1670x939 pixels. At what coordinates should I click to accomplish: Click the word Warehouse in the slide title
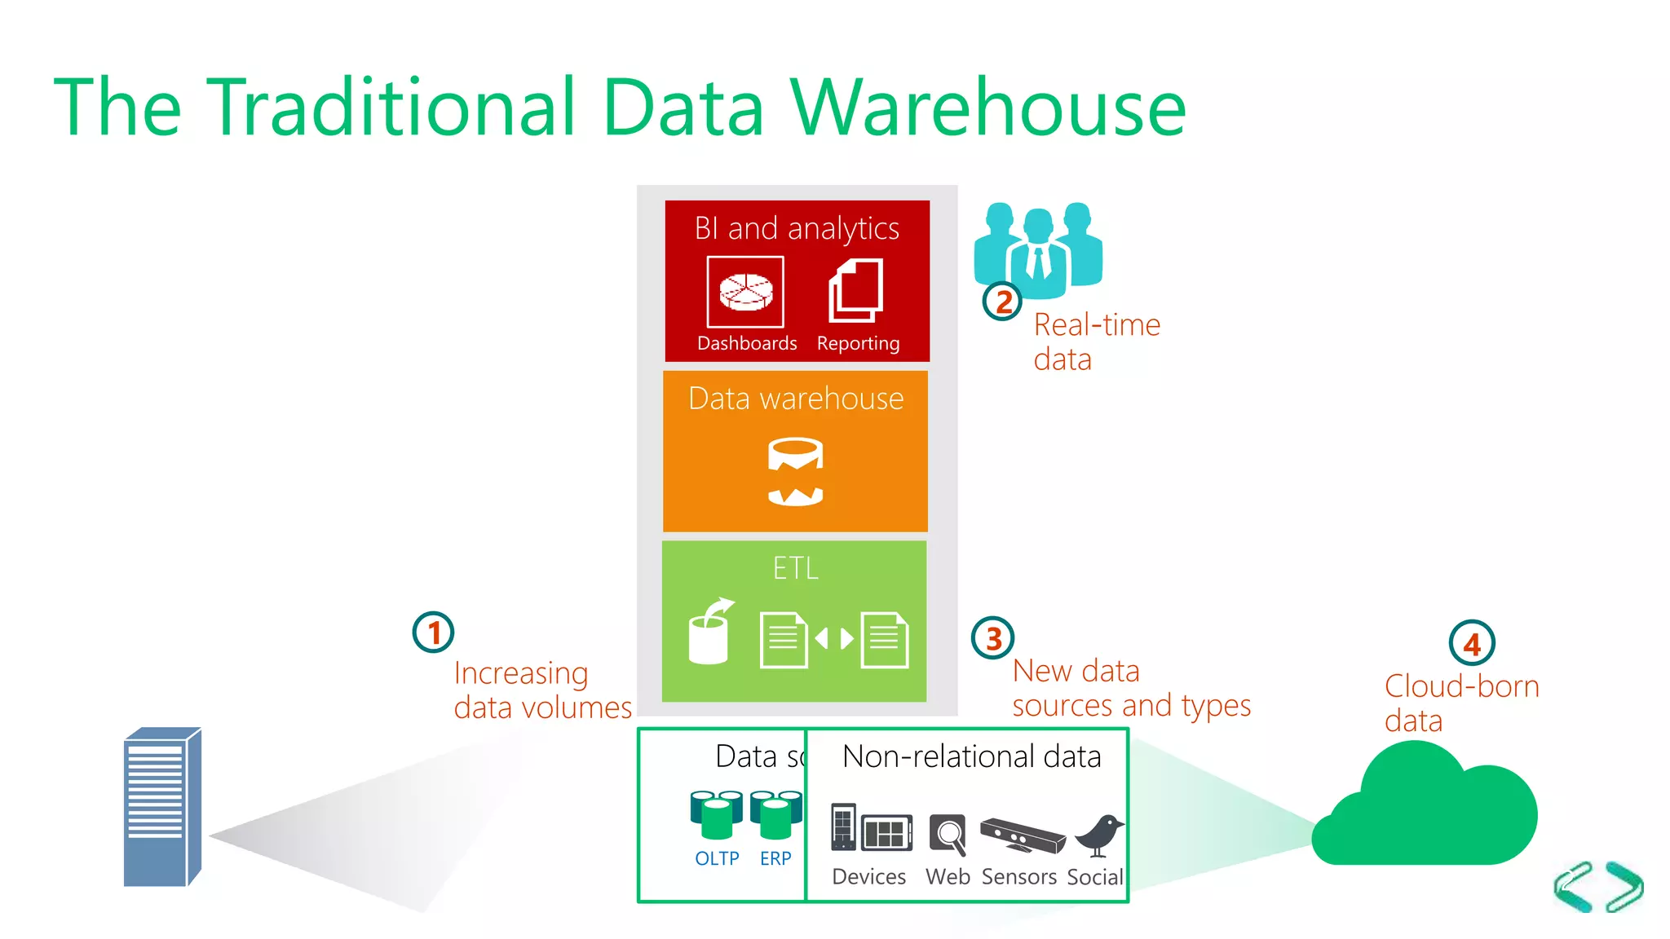coord(987,108)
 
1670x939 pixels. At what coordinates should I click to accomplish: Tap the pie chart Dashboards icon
coord(745,292)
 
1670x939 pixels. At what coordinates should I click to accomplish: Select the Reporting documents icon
coord(856,290)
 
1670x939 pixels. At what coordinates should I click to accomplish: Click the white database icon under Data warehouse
coord(795,472)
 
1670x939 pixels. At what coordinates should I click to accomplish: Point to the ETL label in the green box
coord(795,568)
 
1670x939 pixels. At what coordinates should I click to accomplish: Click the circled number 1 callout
coord(433,633)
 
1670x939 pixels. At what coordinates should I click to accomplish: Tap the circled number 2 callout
coord(1002,302)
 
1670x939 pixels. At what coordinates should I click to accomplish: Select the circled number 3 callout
coord(992,638)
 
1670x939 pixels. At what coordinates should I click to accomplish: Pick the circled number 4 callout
coord(1471,644)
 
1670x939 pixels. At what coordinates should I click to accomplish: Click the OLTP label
coord(717,858)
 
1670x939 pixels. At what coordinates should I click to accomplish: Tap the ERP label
coord(775,858)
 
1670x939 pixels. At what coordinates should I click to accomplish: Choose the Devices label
coord(868,877)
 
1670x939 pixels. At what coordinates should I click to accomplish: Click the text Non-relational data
coord(971,756)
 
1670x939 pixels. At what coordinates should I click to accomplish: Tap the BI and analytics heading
coord(797,229)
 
